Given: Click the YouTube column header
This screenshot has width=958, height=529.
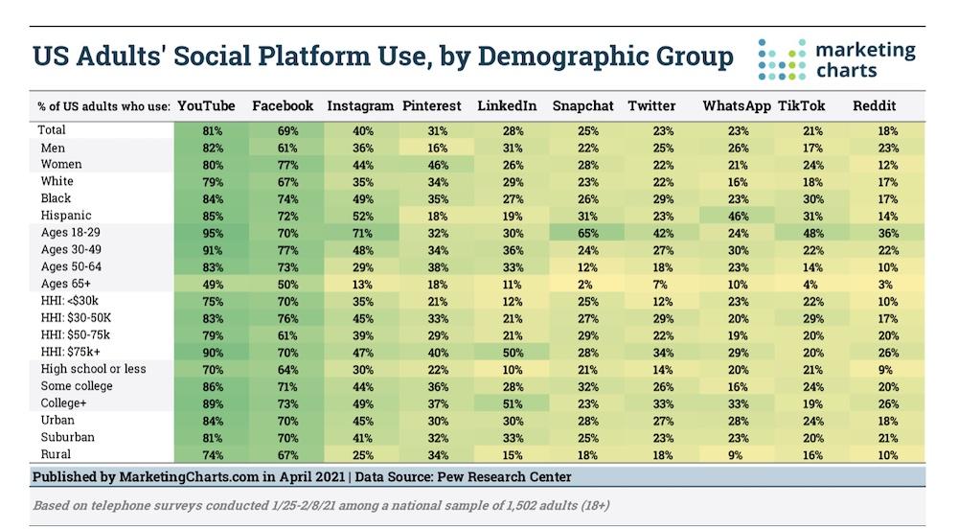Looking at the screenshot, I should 208,106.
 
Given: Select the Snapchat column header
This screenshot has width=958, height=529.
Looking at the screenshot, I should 583,106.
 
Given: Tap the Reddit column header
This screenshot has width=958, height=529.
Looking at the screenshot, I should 875,106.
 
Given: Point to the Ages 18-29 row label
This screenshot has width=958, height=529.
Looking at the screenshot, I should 71,233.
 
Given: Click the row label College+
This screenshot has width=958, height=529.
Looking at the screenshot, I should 63,402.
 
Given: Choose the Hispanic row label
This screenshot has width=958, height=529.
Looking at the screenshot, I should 64,216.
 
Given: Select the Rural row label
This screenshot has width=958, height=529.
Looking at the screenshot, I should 57,453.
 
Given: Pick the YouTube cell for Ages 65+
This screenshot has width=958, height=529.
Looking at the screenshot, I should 213,284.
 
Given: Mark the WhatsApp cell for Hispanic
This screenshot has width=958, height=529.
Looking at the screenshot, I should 738,216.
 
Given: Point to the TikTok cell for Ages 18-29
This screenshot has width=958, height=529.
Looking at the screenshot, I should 811,233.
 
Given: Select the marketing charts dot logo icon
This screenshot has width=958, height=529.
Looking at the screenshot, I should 780,59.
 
